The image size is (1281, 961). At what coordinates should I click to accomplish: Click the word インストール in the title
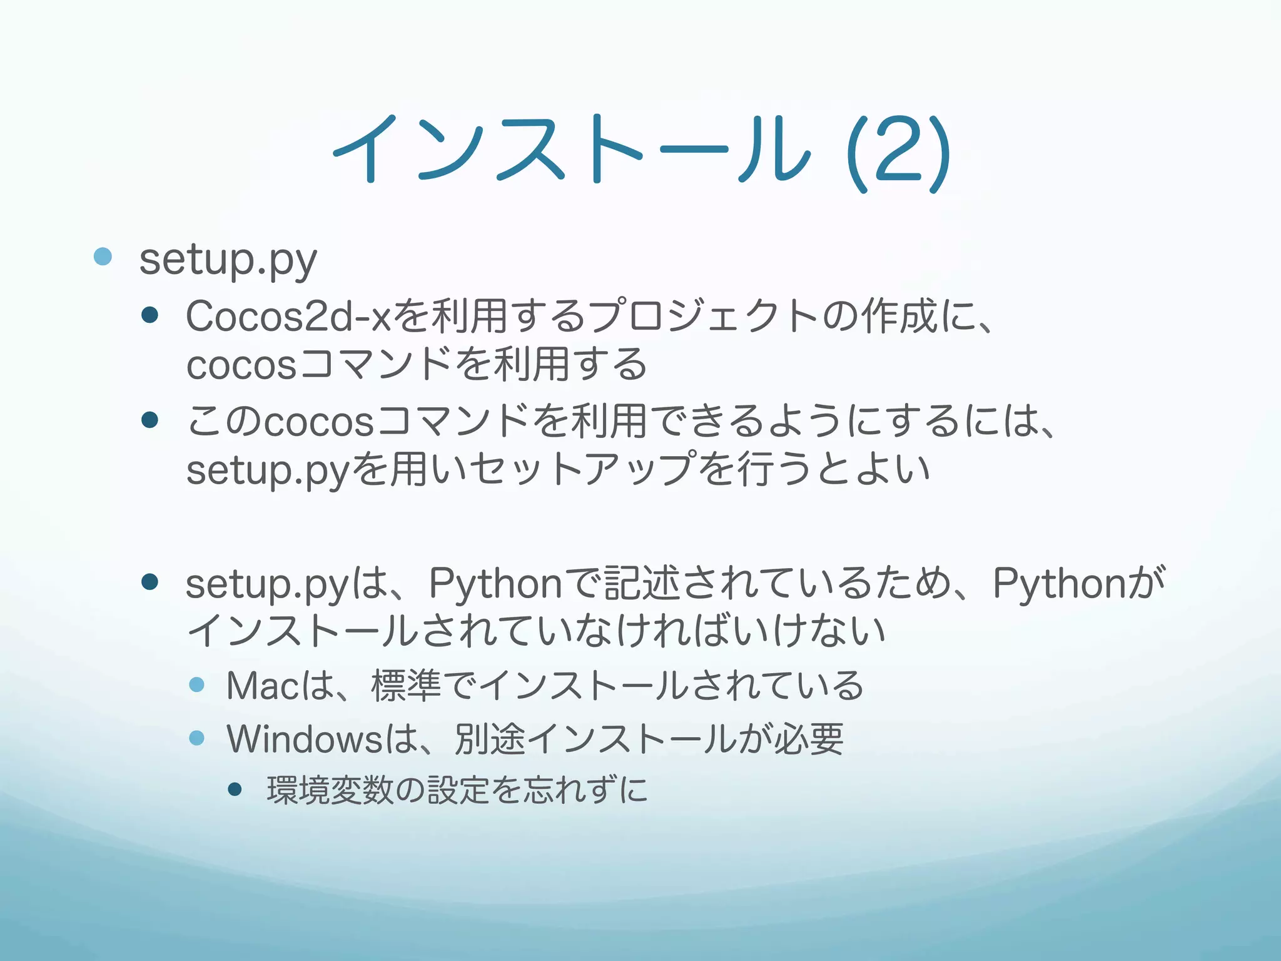click(570, 150)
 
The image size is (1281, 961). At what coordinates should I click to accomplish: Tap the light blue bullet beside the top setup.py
click(103, 257)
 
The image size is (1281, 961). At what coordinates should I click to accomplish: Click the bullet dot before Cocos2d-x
click(150, 314)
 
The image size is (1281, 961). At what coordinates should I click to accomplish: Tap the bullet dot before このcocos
click(150, 420)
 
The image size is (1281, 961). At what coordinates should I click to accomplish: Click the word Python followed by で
click(495, 583)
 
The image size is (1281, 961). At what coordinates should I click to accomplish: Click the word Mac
click(263, 686)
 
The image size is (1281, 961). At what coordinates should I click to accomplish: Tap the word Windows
click(304, 739)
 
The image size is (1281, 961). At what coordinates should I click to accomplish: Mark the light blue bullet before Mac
click(197, 684)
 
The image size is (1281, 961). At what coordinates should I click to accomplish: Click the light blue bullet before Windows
click(197, 738)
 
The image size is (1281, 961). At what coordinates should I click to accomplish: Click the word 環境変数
click(330, 790)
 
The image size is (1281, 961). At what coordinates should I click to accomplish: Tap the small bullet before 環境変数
click(235, 790)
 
